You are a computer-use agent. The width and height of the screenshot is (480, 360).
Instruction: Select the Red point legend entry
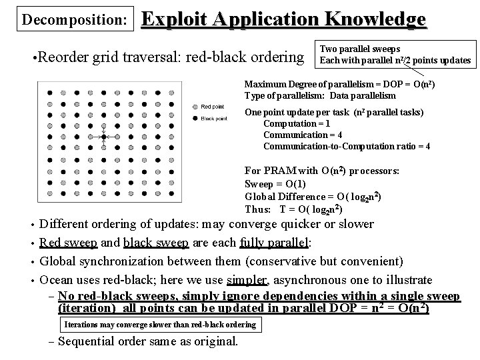213,107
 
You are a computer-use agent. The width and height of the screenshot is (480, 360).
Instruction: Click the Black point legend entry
213,119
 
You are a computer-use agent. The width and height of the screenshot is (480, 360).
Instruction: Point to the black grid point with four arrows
103,137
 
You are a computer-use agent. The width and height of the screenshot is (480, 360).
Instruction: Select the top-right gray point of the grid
181,89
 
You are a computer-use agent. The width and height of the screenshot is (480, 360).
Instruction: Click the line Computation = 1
297,123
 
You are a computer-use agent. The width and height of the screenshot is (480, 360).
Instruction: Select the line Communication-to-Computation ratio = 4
347,146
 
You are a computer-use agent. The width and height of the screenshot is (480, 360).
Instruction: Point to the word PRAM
281,171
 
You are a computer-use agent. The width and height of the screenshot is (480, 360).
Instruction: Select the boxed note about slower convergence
159,325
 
